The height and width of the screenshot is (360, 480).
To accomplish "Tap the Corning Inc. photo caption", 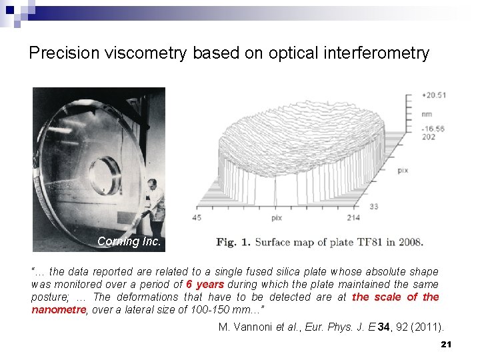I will [x=129, y=241].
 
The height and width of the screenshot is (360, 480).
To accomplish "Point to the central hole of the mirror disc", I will [x=105, y=175].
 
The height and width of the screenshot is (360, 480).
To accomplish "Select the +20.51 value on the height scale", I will [x=433, y=95].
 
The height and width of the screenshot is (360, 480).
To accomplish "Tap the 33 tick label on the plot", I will [x=374, y=207].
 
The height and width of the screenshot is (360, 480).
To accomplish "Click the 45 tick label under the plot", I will [x=196, y=218].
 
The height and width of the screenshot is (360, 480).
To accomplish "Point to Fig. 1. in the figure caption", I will [x=235, y=242].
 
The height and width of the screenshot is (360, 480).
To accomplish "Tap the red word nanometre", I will [x=59, y=309].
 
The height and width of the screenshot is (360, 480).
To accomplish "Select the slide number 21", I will [x=447, y=344].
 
